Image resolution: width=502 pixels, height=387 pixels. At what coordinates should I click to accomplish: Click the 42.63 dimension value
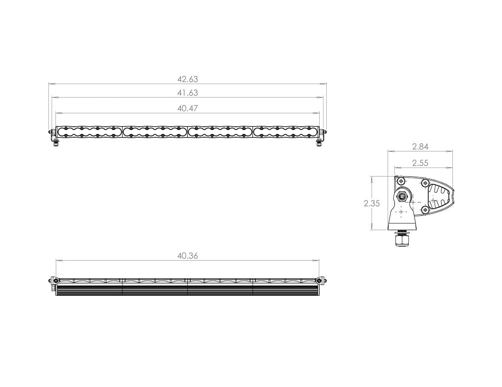pos(187,79)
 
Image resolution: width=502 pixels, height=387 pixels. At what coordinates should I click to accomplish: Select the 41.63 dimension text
pos(187,93)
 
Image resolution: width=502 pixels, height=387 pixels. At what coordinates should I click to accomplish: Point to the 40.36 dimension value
pos(187,256)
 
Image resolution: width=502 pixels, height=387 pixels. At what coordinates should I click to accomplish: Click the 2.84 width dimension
pos(420,147)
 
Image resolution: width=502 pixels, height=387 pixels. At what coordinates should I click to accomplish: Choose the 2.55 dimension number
pos(420,163)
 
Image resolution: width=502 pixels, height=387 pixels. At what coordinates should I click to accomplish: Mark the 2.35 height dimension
pos(372,203)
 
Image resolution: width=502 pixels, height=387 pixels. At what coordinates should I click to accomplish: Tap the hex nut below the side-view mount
pos(402,240)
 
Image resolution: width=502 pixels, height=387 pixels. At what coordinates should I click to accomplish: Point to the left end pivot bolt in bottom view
pos(53,280)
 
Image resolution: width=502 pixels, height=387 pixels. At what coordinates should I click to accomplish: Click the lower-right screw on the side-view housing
pos(424,210)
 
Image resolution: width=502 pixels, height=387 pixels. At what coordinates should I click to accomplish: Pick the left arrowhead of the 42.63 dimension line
pos(51,84)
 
